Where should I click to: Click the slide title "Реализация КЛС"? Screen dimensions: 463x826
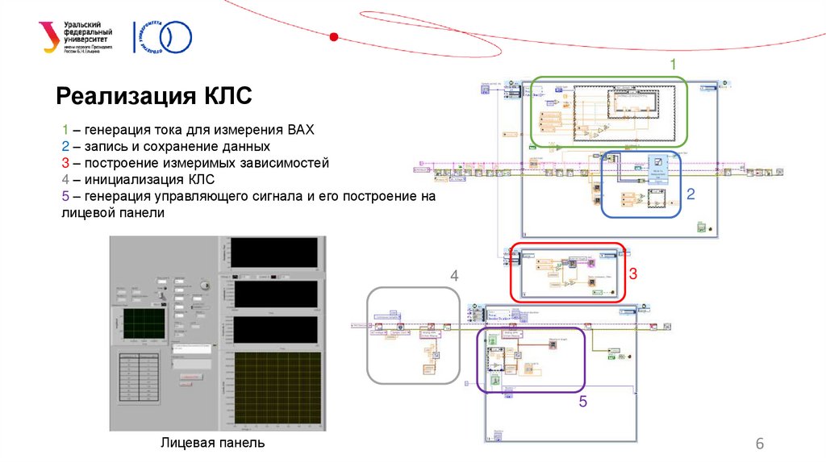click(154, 97)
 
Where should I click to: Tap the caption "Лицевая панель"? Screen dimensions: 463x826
click(212, 443)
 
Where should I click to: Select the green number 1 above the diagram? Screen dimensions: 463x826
click(674, 65)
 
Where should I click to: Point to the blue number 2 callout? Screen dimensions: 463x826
click(690, 194)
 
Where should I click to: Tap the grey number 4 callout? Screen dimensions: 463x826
click(454, 276)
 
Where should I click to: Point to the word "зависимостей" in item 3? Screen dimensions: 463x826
click(290, 163)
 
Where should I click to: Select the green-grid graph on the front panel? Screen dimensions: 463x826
click(144, 323)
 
